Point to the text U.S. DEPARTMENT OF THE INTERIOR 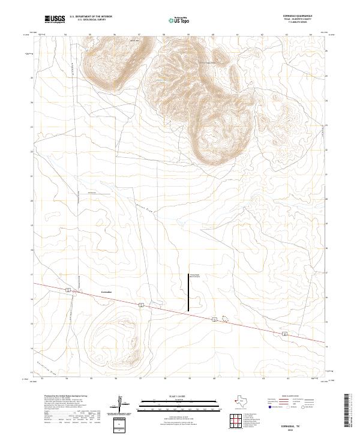pyautogui.click(x=91, y=17)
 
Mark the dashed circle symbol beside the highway pyautogui.click(x=226, y=319)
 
